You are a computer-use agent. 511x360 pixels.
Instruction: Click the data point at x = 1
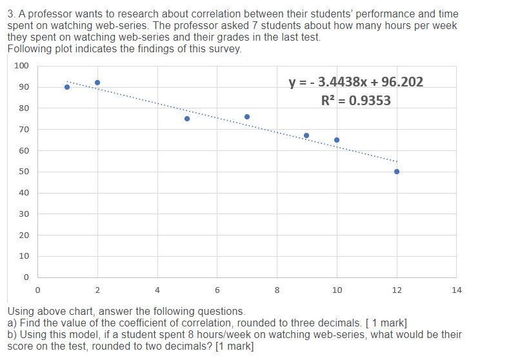(x=67, y=87)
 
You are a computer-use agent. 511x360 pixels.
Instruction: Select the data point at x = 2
(x=97, y=83)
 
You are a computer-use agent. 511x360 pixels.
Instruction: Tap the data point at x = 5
(x=187, y=119)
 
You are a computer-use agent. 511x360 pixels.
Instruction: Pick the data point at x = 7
(x=247, y=117)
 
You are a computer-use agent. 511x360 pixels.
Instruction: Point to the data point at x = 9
(x=306, y=135)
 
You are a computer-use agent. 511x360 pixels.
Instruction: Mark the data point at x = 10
(x=337, y=140)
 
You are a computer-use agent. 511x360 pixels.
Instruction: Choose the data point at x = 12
(x=397, y=172)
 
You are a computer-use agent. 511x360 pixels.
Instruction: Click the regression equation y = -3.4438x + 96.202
(x=356, y=82)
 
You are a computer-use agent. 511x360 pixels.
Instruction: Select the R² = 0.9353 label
(x=356, y=101)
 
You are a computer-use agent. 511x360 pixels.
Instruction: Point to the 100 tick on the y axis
(x=22, y=66)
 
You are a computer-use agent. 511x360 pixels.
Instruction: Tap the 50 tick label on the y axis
(x=24, y=172)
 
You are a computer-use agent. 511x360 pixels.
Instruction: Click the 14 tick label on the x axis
(x=457, y=290)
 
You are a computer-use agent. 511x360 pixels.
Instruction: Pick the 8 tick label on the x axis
(x=277, y=290)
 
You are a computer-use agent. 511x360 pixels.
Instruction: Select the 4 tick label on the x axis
(x=157, y=290)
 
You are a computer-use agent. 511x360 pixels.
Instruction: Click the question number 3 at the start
(x=11, y=14)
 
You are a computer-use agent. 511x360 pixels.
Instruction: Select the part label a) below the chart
(x=12, y=323)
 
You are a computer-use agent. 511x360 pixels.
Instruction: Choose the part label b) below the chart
(x=12, y=334)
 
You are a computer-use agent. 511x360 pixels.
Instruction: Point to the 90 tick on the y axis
(x=24, y=87)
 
